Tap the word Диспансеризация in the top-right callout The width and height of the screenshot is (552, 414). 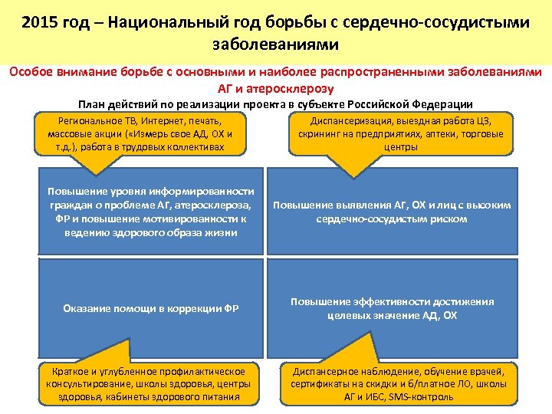[x=350, y=121]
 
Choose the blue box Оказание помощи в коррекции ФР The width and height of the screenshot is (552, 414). [x=150, y=308]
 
